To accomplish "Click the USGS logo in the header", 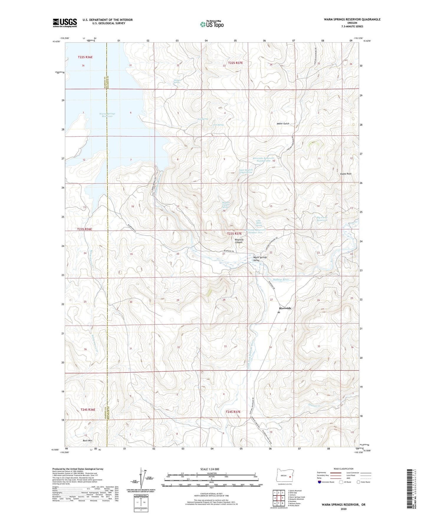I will coord(65,23).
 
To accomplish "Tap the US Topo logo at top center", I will coord(212,24).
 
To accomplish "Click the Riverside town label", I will coord(285,308).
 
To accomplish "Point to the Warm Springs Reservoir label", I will coord(107,115).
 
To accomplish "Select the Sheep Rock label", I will coord(346,174).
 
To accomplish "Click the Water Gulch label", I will coord(283,124).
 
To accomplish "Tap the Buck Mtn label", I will coord(87,441).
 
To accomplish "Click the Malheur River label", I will coord(281,279).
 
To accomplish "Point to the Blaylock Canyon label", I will coord(239,241).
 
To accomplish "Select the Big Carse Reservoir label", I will coord(322,219).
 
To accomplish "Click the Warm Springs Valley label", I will coord(260,259).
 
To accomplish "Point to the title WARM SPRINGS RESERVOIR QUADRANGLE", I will coord(352,19).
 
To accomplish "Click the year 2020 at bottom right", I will coord(343,509).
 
